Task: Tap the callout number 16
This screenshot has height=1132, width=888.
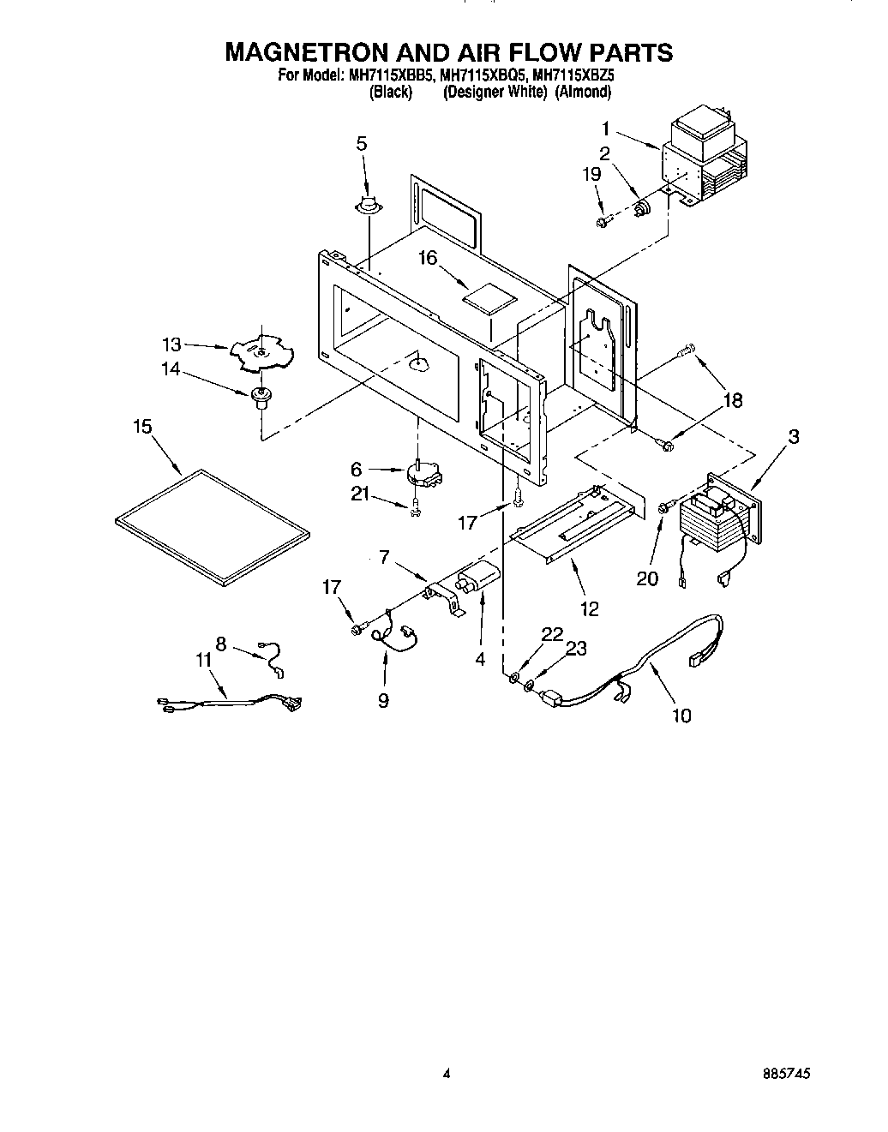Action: pyautogui.click(x=428, y=256)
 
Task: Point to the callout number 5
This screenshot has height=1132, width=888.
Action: pyautogui.click(x=361, y=143)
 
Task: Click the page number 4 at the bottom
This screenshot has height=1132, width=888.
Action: pyautogui.click(x=446, y=1074)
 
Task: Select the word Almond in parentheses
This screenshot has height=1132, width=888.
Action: pyautogui.click(x=583, y=92)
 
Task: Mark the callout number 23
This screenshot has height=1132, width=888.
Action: pyautogui.click(x=577, y=649)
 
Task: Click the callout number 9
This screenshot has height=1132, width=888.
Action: pyautogui.click(x=383, y=700)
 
